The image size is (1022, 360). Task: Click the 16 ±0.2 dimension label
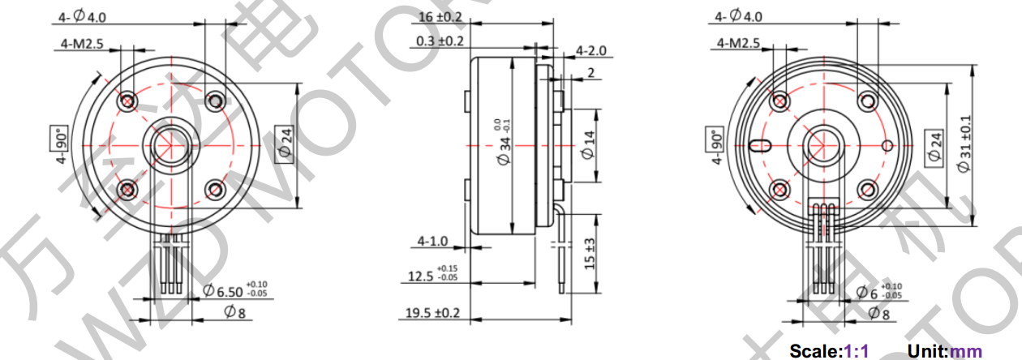[x=440, y=16]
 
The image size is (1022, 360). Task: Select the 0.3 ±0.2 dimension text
[x=440, y=41]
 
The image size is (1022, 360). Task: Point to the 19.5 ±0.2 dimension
[x=432, y=313]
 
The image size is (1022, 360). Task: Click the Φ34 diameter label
[x=504, y=146]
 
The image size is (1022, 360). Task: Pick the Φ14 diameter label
[x=588, y=147]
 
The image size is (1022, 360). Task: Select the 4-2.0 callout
[x=591, y=51]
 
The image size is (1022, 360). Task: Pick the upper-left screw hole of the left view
[x=127, y=102]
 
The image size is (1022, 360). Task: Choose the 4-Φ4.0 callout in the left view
[x=81, y=16]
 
